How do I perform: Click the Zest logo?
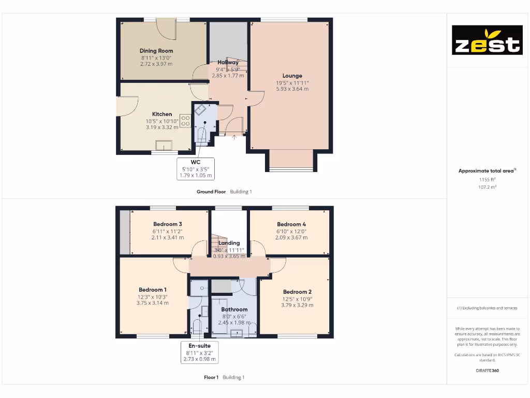[487, 40]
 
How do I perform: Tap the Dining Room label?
[156, 51]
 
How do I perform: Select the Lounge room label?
[292, 76]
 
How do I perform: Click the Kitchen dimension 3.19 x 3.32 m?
[162, 127]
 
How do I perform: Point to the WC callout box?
[196, 169]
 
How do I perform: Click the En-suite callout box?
[199, 352]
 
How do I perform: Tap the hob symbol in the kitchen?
[185, 121]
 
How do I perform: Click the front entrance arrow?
[233, 137]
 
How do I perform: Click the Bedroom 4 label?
[291, 224]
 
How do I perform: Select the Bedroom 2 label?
[297, 292]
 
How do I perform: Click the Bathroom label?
[234, 309]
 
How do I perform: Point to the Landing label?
[229, 243]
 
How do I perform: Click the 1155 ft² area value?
[487, 179]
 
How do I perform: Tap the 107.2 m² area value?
[487, 187]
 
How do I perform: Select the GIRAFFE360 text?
[487, 371]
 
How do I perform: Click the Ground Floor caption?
[211, 192]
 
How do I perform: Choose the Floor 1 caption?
[211, 377]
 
